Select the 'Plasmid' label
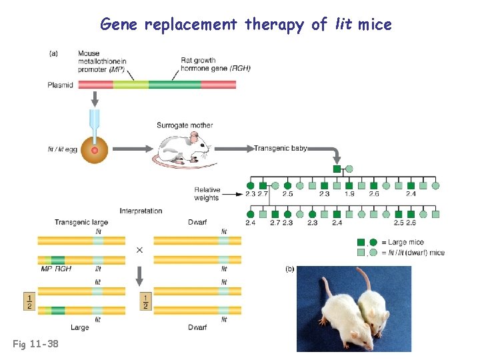(61, 85)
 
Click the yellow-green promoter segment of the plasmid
(130, 85)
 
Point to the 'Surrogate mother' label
(185, 125)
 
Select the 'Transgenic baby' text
(280, 149)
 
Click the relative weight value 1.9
(349, 194)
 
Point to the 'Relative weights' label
(207, 193)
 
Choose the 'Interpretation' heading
(141, 211)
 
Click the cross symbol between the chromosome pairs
(139, 250)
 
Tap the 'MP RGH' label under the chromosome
(56, 269)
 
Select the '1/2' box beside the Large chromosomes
(28, 301)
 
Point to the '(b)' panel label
(290, 269)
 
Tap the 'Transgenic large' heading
(81, 223)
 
